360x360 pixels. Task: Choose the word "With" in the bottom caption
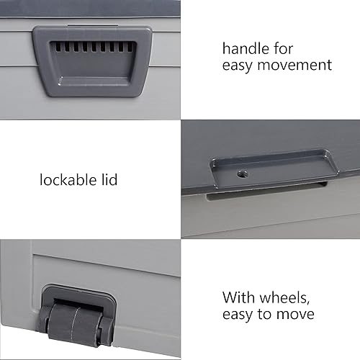[238, 297]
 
